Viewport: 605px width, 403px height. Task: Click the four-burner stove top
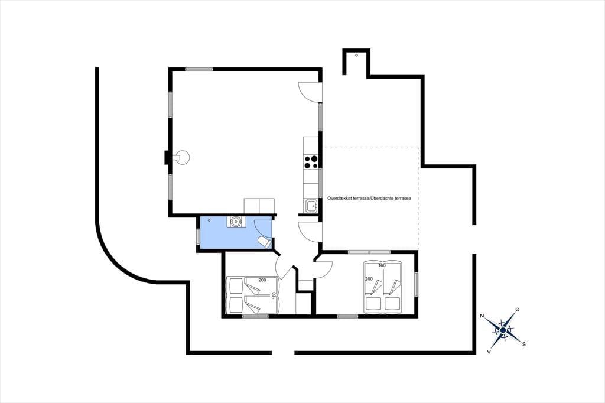click(x=311, y=162)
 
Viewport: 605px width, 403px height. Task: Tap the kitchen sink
click(x=311, y=206)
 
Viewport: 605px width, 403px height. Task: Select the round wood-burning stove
click(x=181, y=158)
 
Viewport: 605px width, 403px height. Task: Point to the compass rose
click(x=503, y=330)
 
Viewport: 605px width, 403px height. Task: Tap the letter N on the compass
click(x=482, y=316)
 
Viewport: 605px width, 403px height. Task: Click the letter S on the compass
click(x=524, y=344)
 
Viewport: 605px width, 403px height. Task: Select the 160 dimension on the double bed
click(x=382, y=265)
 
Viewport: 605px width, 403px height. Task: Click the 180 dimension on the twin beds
click(x=274, y=295)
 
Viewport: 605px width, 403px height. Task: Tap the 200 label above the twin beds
click(x=262, y=280)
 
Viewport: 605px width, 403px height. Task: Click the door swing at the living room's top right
click(x=310, y=92)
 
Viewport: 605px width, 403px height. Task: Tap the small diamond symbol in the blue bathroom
click(x=209, y=220)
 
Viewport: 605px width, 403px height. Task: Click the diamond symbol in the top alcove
click(x=356, y=55)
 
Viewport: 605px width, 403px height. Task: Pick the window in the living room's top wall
click(x=199, y=70)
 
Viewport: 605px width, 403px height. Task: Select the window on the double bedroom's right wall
click(x=417, y=284)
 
